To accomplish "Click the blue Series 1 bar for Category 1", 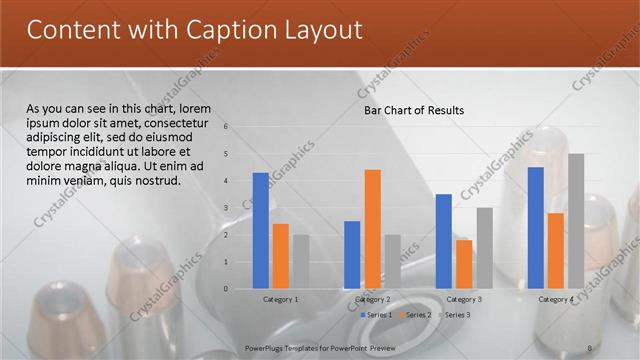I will (261, 231).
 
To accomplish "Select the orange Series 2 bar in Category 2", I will (372, 229).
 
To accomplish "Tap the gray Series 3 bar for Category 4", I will (576, 221).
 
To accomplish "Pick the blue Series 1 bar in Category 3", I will (443, 241).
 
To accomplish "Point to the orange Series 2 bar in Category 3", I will (464, 264).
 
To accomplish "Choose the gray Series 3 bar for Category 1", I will (301, 262).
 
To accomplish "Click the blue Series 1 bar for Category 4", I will (535, 228).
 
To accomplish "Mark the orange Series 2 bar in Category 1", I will (281, 256).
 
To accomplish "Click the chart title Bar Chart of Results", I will (413, 110).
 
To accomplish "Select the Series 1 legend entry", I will (378, 315).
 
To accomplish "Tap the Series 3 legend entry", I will (456, 315).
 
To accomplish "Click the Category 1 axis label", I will (281, 299).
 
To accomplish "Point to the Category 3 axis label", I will (464, 299).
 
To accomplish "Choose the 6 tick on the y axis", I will (227, 127).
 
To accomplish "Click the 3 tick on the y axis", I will (227, 208).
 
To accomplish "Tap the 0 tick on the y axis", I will (227, 289).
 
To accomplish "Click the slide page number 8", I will (590, 346).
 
